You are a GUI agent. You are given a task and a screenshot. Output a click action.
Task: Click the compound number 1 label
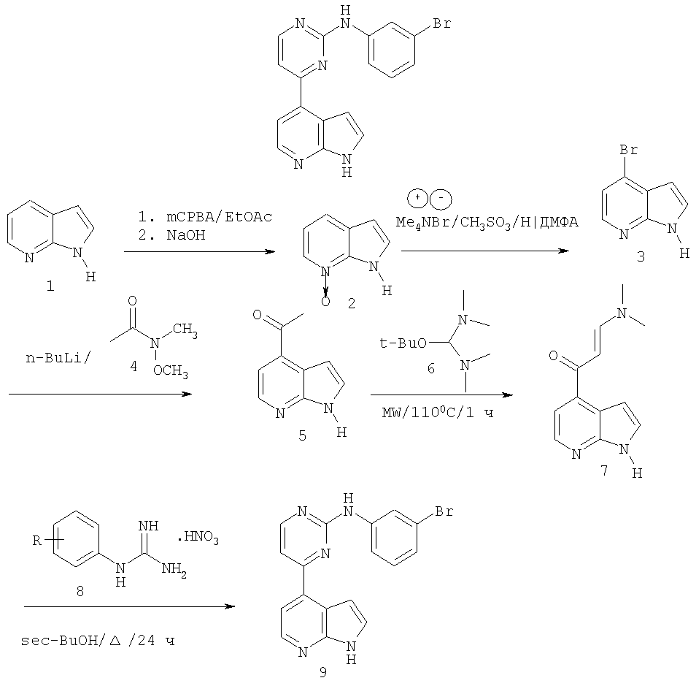[x=50, y=286]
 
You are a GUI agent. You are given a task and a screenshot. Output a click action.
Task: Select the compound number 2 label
[x=352, y=304]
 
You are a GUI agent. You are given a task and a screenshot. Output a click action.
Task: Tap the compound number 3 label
[x=641, y=256]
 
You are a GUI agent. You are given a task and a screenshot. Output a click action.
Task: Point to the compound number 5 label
[x=302, y=435]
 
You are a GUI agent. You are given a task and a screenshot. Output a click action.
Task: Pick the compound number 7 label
[x=604, y=470]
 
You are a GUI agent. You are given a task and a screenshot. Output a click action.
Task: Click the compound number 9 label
[x=322, y=672]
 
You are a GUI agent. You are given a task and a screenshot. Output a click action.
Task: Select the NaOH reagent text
[x=186, y=235]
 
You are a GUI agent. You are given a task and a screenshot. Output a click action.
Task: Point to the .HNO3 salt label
[x=198, y=539]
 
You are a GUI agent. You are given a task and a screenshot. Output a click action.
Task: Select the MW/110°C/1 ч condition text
[x=438, y=413]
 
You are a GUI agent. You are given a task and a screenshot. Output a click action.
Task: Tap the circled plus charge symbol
[x=418, y=198]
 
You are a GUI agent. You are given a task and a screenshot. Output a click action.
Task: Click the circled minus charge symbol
[x=441, y=199]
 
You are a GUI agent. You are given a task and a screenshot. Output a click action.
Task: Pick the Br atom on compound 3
[x=629, y=150]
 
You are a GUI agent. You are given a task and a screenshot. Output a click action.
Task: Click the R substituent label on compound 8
[x=36, y=541]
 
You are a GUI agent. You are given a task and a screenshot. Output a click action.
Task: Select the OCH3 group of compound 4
[x=171, y=371]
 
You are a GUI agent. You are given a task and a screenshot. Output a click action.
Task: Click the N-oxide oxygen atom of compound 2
[x=326, y=302]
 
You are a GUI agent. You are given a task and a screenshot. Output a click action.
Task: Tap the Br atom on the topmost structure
[x=441, y=23]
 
